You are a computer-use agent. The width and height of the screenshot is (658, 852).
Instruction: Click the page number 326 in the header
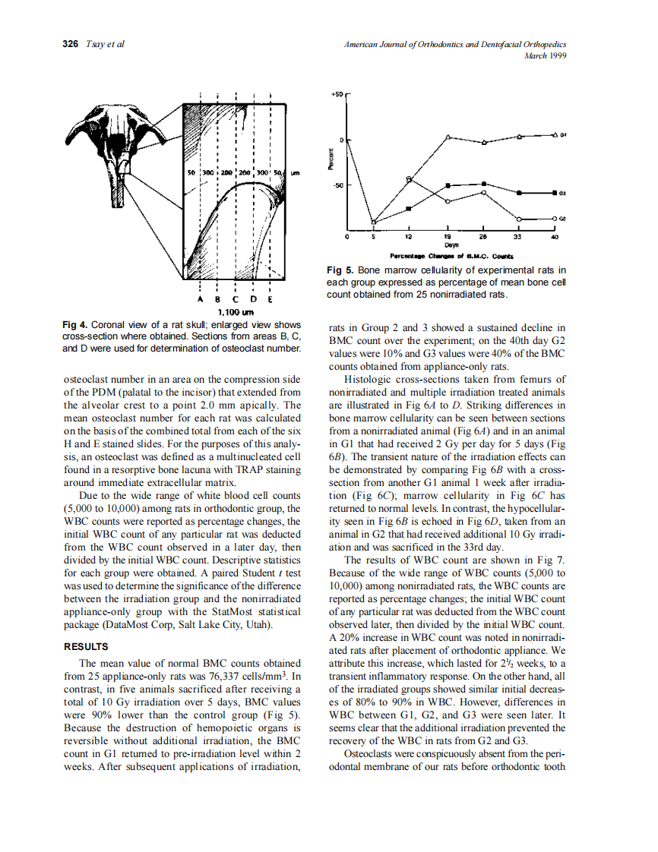[70, 44]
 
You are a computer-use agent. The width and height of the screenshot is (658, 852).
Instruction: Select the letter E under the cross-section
[270, 299]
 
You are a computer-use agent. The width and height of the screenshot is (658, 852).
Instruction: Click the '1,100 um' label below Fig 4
[235, 311]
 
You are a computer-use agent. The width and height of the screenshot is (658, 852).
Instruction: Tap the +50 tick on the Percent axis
[337, 95]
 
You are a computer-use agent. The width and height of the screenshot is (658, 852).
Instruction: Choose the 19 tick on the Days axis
[448, 236]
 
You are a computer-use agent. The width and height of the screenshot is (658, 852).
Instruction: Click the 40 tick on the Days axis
[555, 236]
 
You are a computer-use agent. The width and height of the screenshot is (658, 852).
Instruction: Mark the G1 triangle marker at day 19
[448, 137]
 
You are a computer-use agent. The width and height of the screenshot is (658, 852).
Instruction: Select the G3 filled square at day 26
[485, 184]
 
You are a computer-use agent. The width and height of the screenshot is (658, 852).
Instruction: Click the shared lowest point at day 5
[373, 222]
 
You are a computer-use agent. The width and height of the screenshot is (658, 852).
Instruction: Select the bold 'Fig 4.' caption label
[75, 325]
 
